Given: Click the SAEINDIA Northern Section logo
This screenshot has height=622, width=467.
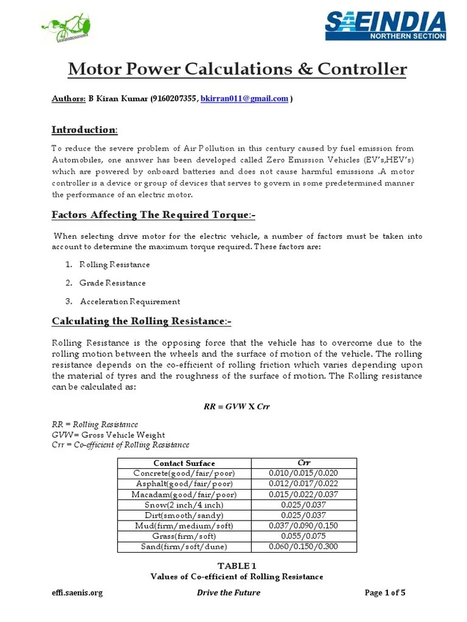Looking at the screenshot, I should (x=385, y=26).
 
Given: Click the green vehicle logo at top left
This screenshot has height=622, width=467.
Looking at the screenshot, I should (x=68, y=29).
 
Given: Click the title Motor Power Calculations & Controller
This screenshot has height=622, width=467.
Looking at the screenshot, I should (x=237, y=69).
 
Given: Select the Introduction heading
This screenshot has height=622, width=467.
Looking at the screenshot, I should (x=84, y=130).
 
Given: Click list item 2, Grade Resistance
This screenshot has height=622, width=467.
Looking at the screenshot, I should (x=112, y=282).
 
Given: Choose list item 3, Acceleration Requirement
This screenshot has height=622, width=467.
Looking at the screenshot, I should (x=130, y=301).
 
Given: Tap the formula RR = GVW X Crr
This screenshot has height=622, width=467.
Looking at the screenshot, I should (x=237, y=406).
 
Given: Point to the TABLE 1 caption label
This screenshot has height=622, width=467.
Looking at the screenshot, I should (x=236, y=566).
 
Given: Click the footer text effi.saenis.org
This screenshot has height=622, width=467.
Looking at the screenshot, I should (x=77, y=593).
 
